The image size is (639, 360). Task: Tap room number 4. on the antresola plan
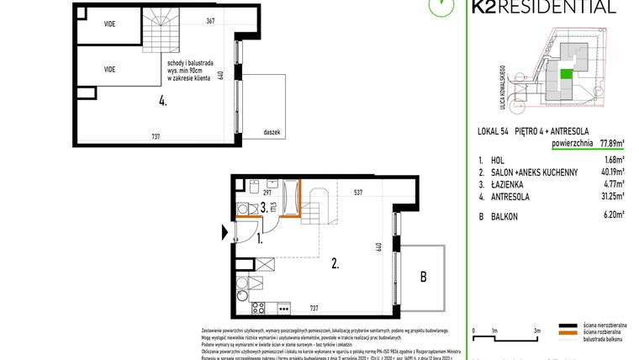[x=162, y=102]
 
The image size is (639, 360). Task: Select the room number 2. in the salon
[x=336, y=263]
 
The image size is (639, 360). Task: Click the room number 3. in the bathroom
[x=263, y=206]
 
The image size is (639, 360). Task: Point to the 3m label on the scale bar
[x=536, y=331]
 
